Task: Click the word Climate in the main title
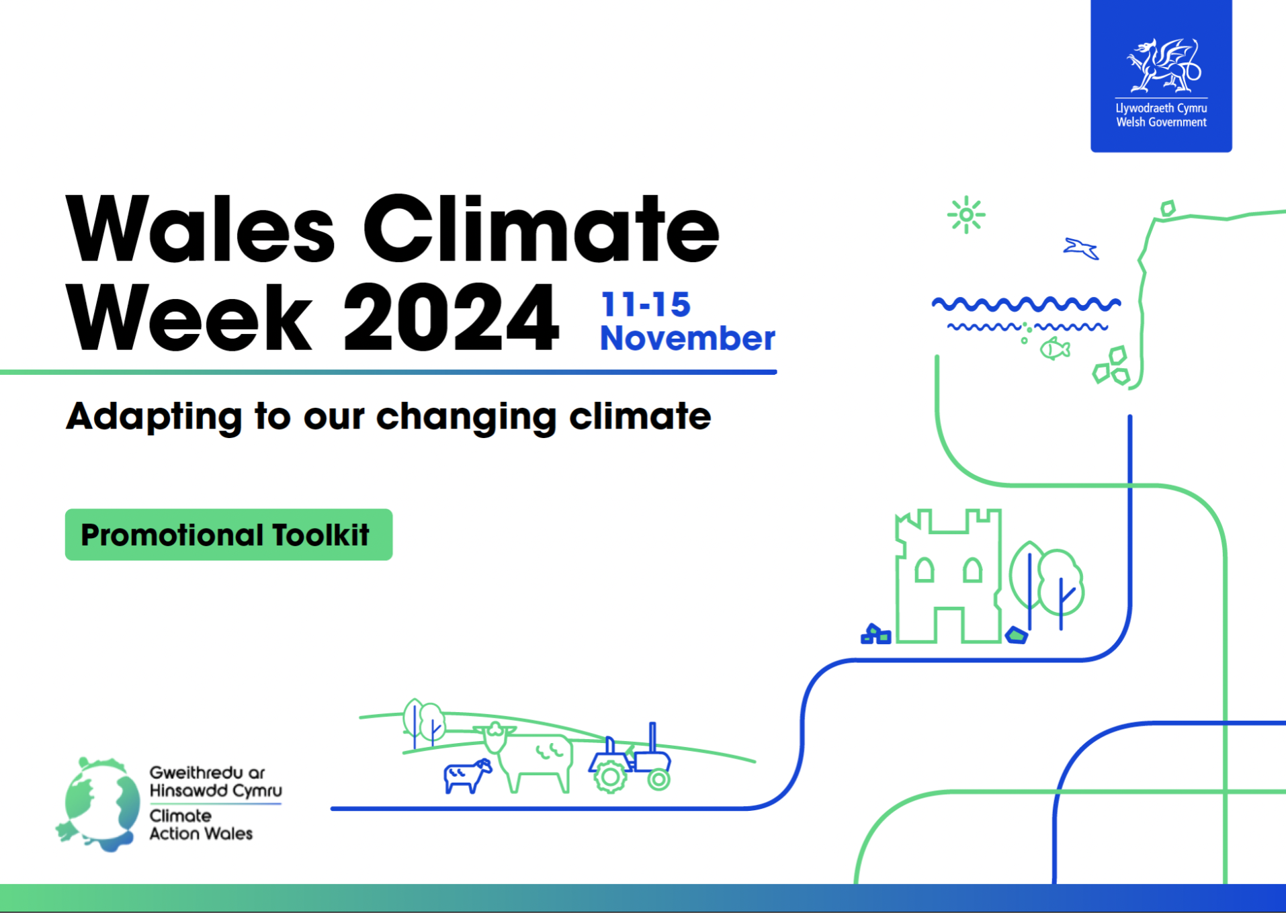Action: pyautogui.click(x=541, y=229)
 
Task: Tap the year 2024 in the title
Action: pyautogui.click(x=451, y=317)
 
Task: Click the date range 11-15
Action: pyautogui.click(x=646, y=304)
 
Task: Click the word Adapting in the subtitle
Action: pyautogui.click(x=154, y=417)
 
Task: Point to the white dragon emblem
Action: pyautogui.click(x=1163, y=65)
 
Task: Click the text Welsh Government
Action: pyautogui.click(x=1161, y=122)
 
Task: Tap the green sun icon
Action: pyautogui.click(x=966, y=215)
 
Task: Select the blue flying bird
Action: pyautogui.click(x=1080, y=248)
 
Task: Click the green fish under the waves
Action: pyautogui.click(x=1055, y=349)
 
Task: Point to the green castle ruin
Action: pyautogui.click(x=948, y=576)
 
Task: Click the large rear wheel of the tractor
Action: pyautogui.click(x=610, y=777)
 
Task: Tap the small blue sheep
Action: pyautogui.click(x=468, y=776)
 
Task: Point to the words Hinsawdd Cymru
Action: pyautogui.click(x=216, y=790)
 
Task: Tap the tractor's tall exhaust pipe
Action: pyautogui.click(x=652, y=738)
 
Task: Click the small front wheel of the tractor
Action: pyautogui.click(x=658, y=779)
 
